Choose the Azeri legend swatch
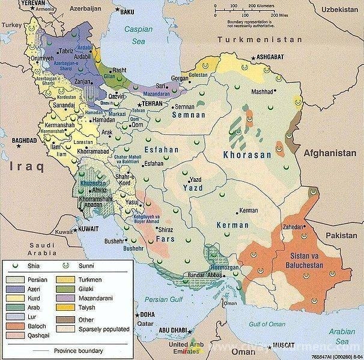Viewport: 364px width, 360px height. point(14,289)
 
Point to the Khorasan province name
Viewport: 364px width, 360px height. point(247,154)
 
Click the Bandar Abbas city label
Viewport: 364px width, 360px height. point(205,275)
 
